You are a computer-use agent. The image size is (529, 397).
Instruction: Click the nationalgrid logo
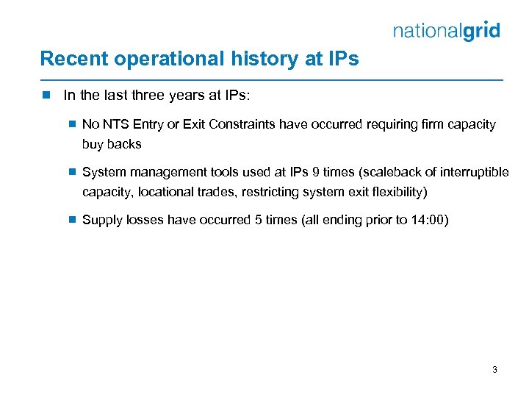(x=447, y=31)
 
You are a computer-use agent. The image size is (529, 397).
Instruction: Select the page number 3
(x=494, y=370)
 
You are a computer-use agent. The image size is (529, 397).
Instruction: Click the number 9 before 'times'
(x=316, y=172)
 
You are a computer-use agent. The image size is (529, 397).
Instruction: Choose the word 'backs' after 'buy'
(x=125, y=144)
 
